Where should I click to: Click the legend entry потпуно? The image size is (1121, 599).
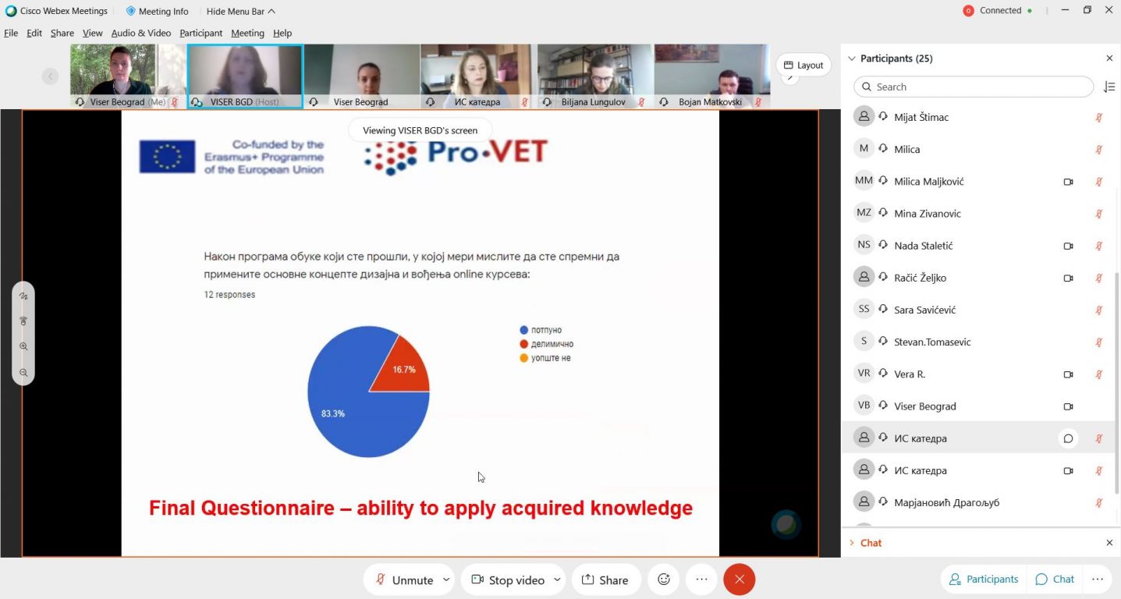coord(541,330)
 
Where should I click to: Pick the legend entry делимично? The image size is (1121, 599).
coord(547,344)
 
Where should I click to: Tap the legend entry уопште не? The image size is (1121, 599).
coord(545,358)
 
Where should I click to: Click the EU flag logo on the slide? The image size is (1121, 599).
coord(167,157)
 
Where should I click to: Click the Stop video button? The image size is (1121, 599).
coord(509,580)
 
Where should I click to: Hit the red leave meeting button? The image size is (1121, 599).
coord(740,580)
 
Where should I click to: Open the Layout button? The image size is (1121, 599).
coord(804,65)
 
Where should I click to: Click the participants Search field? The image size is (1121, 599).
coord(973,87)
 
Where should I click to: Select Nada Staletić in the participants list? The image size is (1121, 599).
coord(924,246)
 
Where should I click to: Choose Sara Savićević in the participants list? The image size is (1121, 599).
coord(925,310)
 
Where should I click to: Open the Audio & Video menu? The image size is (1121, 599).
coord(140,33)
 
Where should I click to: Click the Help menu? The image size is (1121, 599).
coord(282,33)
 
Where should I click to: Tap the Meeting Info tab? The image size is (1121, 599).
coord(157,11)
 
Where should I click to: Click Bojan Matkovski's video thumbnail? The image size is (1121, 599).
coord(712,76)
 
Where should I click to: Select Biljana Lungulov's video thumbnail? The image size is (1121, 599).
coord(595,76)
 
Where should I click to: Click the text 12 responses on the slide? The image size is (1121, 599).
coord(229,295)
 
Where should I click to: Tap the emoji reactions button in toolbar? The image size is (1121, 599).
coord(664,580)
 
